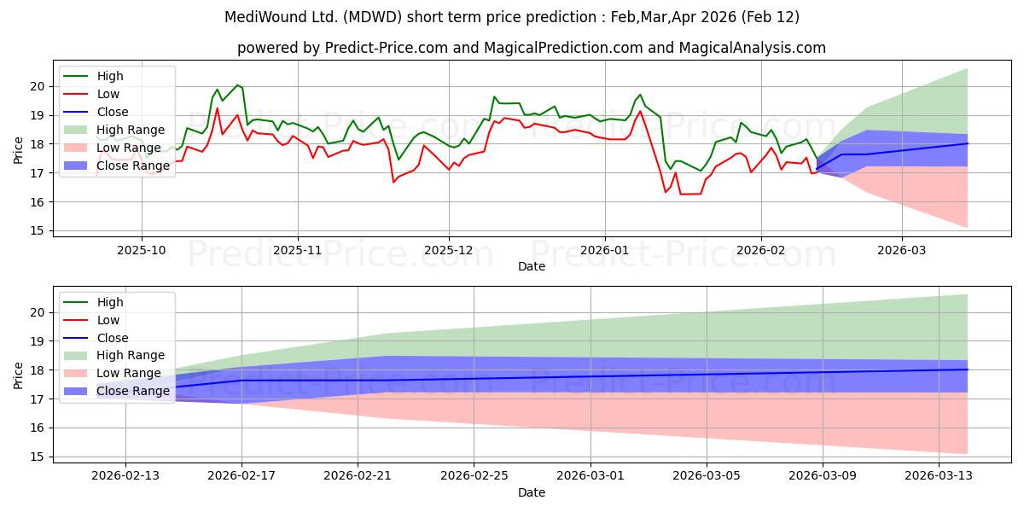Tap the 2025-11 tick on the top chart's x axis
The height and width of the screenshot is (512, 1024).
298,251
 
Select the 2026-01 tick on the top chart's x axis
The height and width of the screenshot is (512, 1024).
604,251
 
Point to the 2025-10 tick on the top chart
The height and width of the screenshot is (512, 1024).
142,251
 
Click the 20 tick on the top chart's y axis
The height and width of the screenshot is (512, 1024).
36,86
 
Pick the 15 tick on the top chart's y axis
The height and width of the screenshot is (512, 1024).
36,230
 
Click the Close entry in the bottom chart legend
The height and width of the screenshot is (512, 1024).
113,338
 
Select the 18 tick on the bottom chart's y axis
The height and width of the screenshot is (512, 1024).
36,370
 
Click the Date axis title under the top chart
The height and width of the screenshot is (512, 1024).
531,267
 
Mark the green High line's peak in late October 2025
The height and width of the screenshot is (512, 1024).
237,84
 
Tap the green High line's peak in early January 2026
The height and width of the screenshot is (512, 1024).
640,95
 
